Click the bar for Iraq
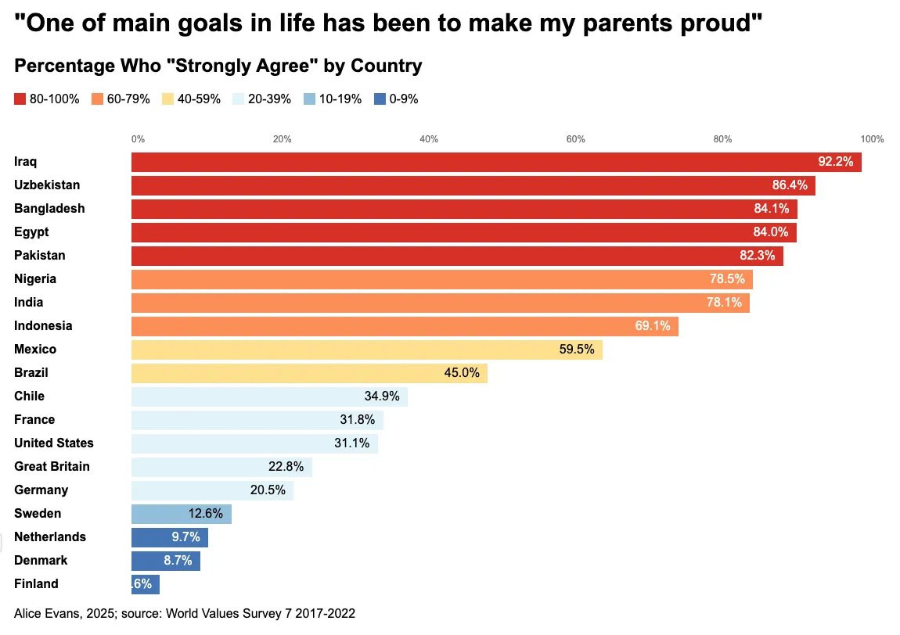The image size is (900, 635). coord(496,162)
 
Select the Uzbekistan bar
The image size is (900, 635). coord(473,185)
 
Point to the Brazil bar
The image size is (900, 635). coord(309,373)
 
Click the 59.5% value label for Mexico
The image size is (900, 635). coord(577,350)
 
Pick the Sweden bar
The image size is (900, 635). coord(181,514)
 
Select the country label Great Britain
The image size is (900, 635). coord(52,467)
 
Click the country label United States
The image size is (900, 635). coord(54,443)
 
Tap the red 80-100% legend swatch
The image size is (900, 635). coord(20,99)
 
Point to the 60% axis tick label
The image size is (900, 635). coord(575,139)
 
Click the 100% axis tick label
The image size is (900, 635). coord(872,139)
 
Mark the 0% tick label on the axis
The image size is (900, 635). coord(138,139)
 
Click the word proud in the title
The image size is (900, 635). coord(717,24)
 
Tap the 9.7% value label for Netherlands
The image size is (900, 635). coord(184,537)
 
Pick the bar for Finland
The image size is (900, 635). coord(145,584)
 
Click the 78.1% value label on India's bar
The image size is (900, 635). coord(723,303)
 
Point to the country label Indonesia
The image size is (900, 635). coord(43,326)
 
